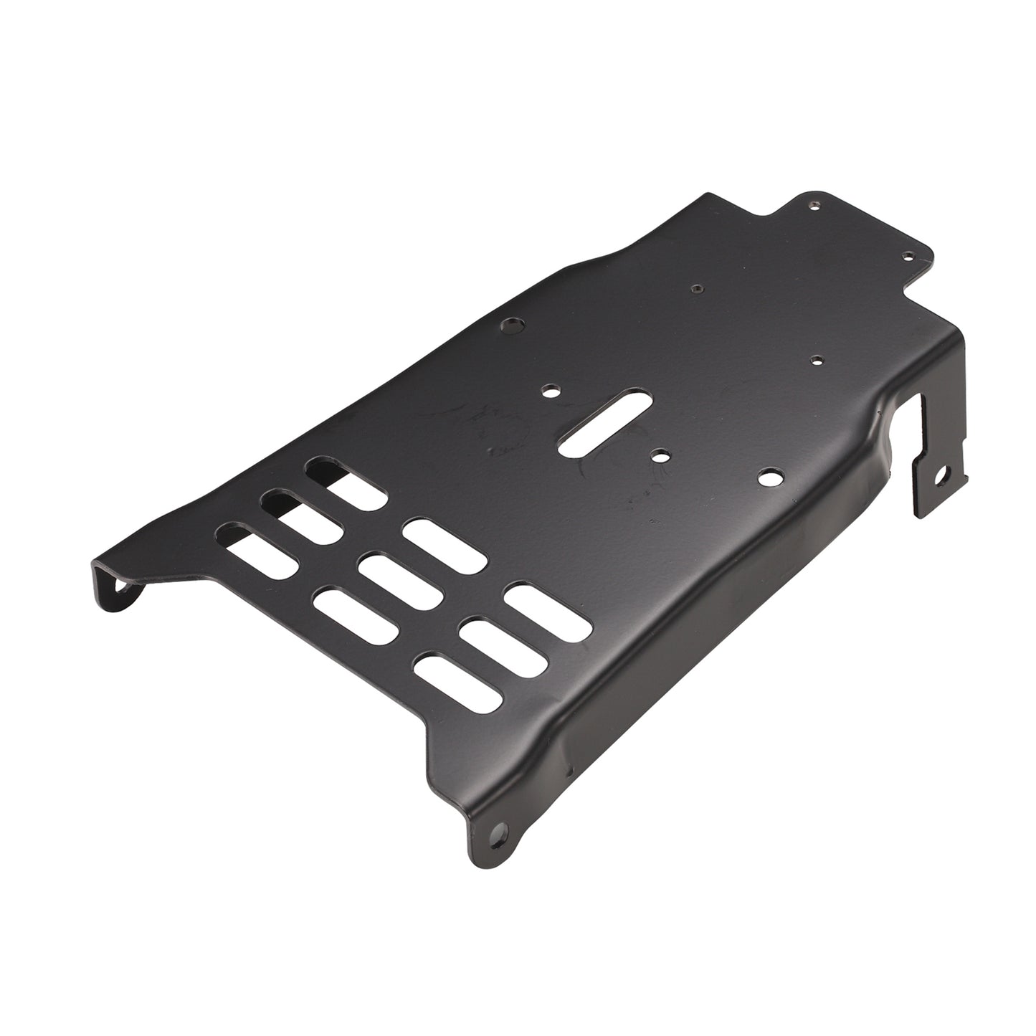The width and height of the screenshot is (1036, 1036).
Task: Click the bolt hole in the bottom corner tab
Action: pos(495,832)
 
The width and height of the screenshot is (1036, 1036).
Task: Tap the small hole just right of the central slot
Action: pos(660,455)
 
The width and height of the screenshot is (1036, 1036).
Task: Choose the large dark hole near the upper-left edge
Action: pos(510,326)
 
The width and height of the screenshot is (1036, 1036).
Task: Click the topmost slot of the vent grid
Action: pos(345,485)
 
